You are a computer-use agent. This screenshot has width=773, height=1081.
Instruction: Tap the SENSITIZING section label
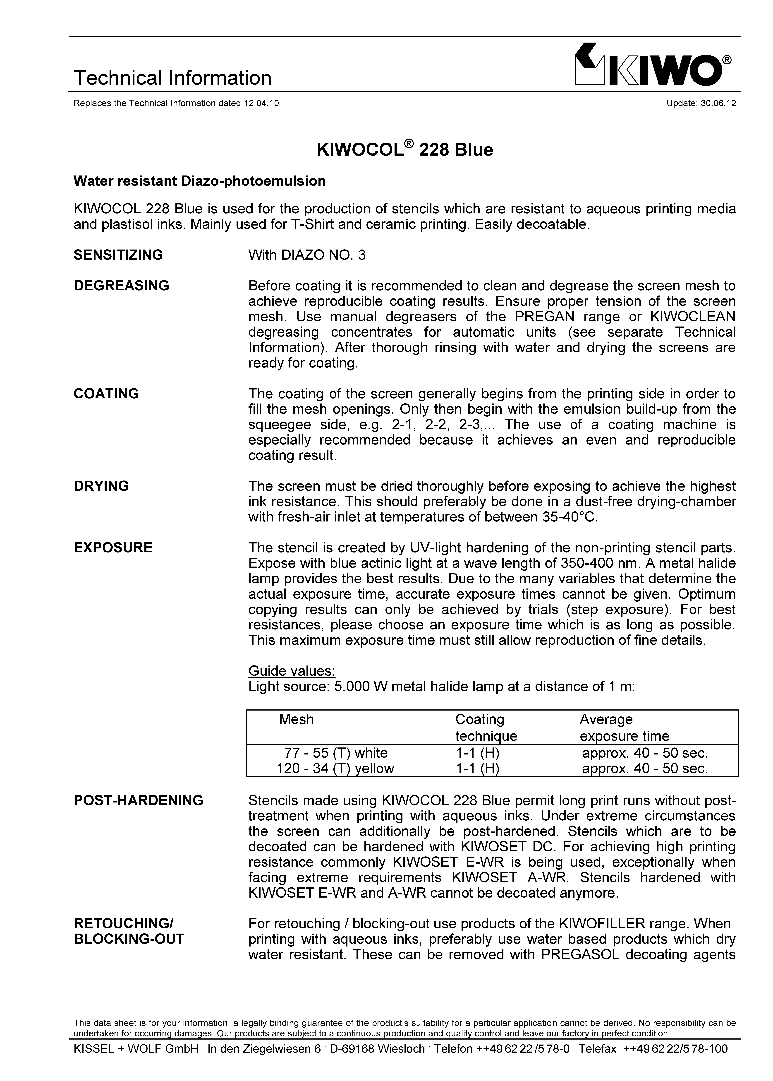coord(118,255)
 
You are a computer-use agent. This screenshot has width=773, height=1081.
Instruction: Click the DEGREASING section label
coord(121,286)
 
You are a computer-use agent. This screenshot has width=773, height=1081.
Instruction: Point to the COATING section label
coord(106,394)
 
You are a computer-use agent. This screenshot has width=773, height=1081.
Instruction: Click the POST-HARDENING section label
coord(138,800)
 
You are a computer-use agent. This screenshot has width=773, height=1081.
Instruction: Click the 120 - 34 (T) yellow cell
coord(336,768)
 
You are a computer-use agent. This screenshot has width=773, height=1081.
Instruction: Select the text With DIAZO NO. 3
coord(307,255)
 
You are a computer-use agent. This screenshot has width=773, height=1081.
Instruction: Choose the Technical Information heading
coord(172,78)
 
